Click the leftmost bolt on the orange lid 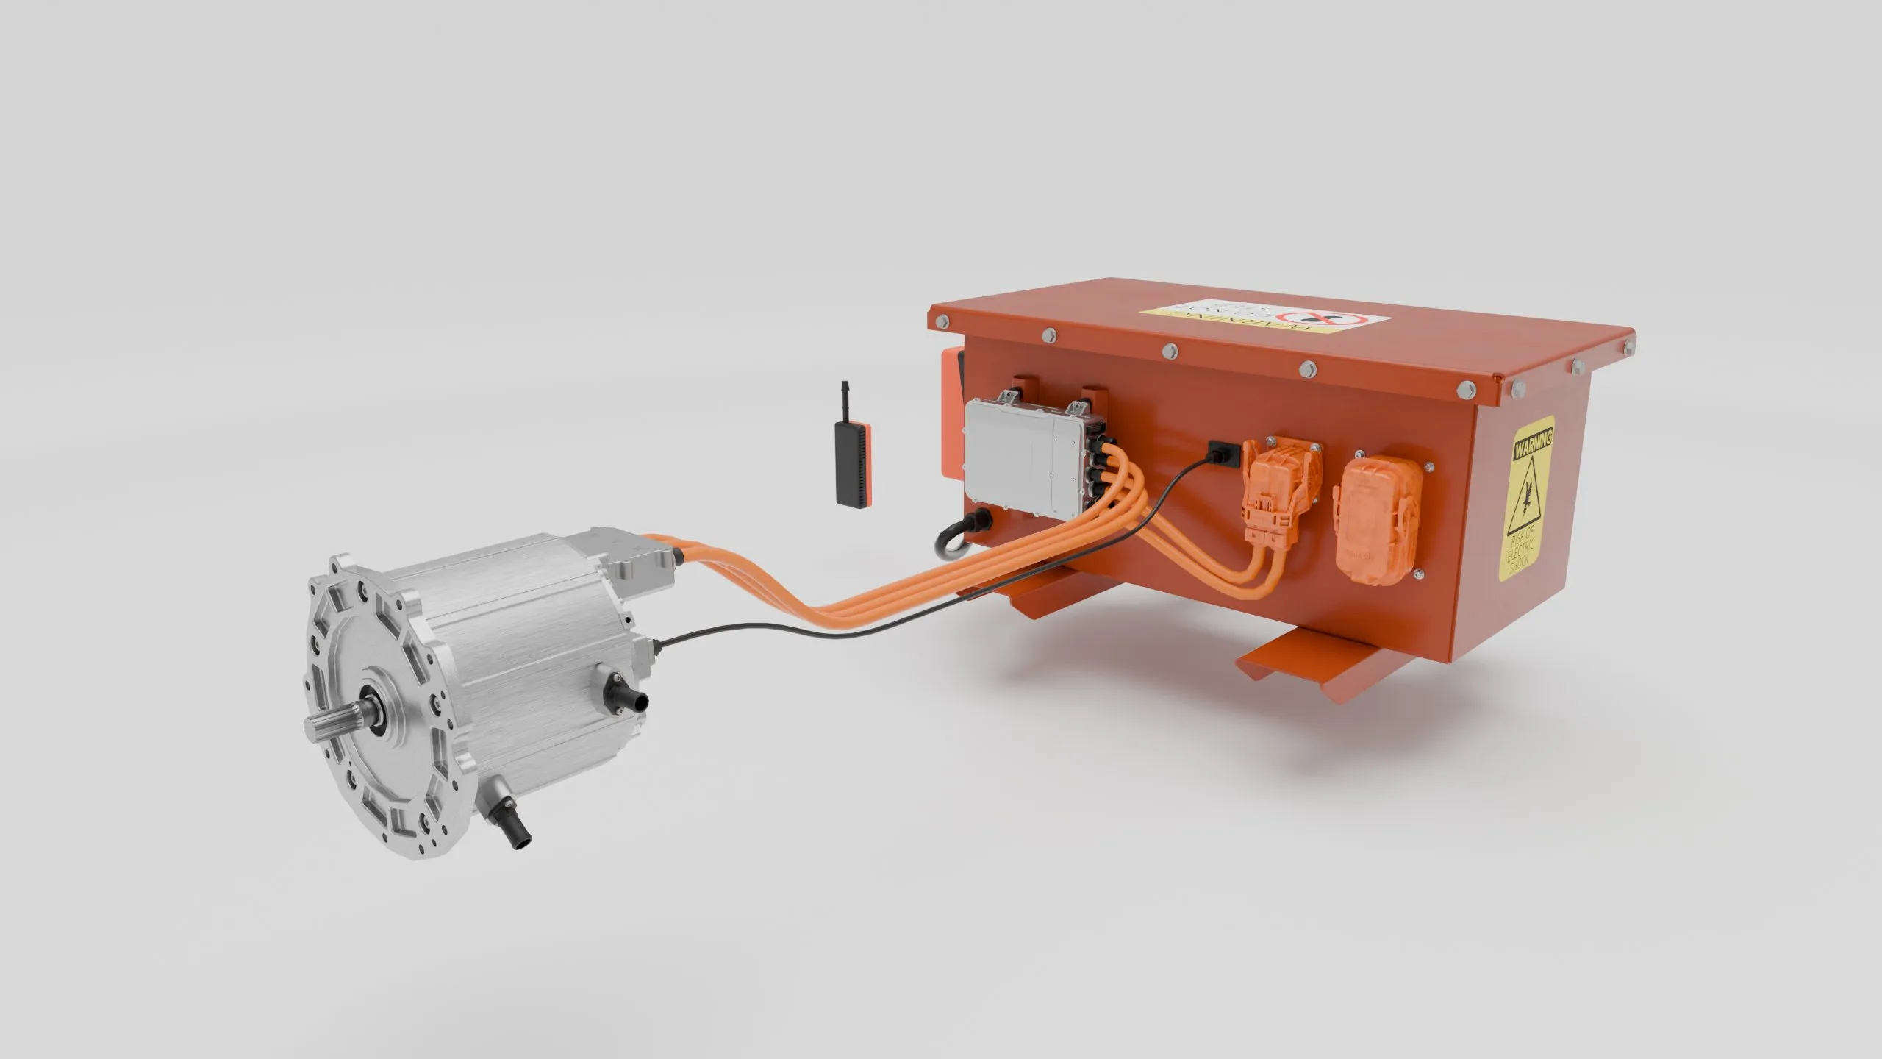pos(939,321)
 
